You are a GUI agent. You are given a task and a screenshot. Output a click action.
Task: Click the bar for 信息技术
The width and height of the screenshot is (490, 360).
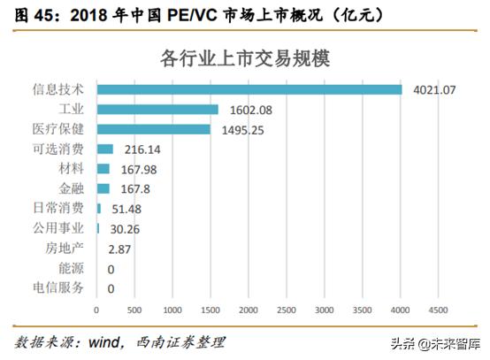click(x=249, y=89)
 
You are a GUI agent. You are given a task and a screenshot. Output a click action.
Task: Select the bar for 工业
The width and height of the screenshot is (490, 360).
click(x=157, y=109)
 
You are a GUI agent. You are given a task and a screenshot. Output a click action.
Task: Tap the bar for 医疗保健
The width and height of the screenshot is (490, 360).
click(x=153, y=129)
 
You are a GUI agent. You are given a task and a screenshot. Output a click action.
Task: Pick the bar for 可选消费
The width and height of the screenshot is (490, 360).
click(x=104, y=149)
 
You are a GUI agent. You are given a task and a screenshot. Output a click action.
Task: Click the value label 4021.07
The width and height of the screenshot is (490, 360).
click(x=433, y=89)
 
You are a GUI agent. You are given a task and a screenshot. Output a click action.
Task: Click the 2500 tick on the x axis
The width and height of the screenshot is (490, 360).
click(x=286, y=310)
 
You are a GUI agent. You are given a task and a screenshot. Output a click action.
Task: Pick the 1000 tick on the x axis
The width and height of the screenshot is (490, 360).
click(x=172, y=310)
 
